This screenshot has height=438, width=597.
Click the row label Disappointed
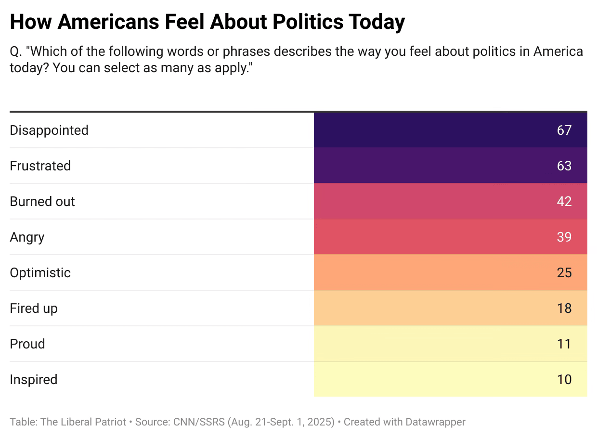click(x=49, y=130)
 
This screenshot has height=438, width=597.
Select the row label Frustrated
click(x=40, y=166)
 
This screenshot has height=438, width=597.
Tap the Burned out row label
click(x=42, y=202)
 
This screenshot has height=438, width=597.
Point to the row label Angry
click(x=27, y=237)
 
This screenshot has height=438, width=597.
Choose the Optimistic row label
click(x=40, y=273)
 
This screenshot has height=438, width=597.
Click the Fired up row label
click(x=34, y=309)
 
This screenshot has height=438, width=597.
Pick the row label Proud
click(x=27, y=344)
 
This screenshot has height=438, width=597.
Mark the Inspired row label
click(x=34, y=380)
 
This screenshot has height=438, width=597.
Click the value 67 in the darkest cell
click(x=564, y=130)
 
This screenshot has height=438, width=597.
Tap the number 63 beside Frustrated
click(x=564, y=166)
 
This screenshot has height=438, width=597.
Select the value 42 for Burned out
click(x=564, y=202)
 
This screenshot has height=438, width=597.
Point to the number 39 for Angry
click(x=564, y=237)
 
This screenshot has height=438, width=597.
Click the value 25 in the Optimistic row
click(x=564, y=273)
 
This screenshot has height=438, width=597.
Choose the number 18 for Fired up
click(x=564, y=309)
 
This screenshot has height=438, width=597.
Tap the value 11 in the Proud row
click(x=564, y=344)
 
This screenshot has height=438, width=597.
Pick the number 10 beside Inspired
click(x=564, y=380)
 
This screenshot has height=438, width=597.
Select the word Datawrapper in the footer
click(x=434, y=422)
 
